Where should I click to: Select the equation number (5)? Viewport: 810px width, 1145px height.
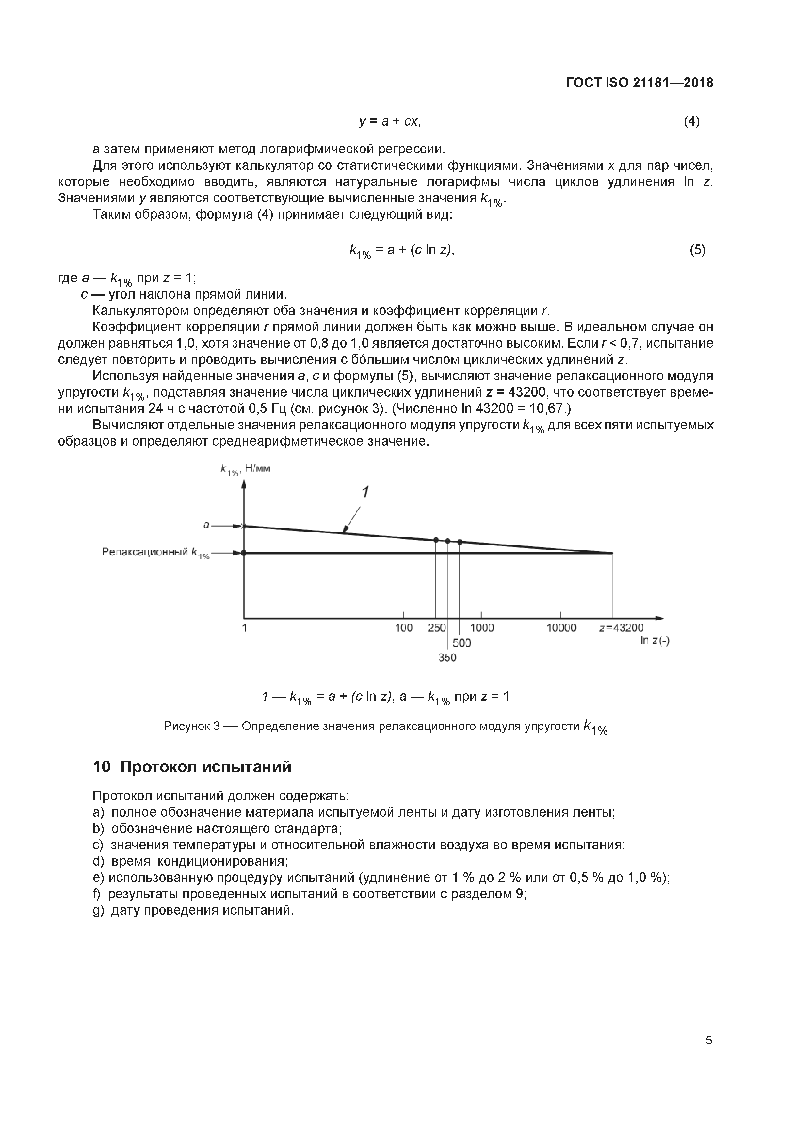(697, 250)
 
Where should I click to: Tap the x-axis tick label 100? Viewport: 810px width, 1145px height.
(403, 628)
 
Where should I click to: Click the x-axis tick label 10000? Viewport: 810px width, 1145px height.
(561, 628)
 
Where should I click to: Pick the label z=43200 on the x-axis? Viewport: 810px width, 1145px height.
(621, 628)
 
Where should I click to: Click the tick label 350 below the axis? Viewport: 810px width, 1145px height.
(447, 658)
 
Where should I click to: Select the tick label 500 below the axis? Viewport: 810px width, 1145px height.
(462, 643)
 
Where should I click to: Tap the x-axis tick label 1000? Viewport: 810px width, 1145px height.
(482, 628)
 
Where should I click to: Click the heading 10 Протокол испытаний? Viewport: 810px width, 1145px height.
(192, 766)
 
